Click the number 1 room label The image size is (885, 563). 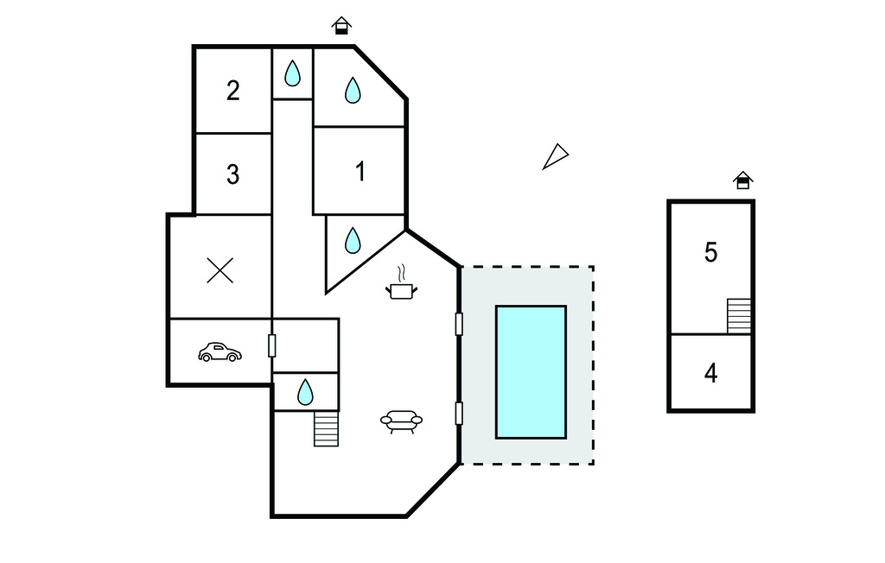click(360, 172)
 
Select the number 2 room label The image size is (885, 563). click(232, 91)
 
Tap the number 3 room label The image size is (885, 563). click(232, 174)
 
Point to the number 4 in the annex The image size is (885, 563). click(710, 374)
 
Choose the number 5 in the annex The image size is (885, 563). click(710, 253)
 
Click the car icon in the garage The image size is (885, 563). click(220, 352)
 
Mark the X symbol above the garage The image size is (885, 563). click(220, 271)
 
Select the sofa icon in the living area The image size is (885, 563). click(401, 421)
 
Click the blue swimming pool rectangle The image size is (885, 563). click(530, 371)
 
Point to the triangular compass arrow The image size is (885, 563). click(555, 156)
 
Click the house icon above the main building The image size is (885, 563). click(342, 26)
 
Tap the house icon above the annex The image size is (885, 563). click(742, 180)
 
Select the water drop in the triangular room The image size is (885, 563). click(353, 240)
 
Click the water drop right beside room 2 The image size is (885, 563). click(293, 73)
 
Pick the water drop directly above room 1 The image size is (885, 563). click(353, 90)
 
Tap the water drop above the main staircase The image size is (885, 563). click(305, 392)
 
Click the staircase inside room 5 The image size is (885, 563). click(739, 315)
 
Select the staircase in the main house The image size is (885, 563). click(326, 428)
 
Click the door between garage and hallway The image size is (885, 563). click(272, 345)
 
